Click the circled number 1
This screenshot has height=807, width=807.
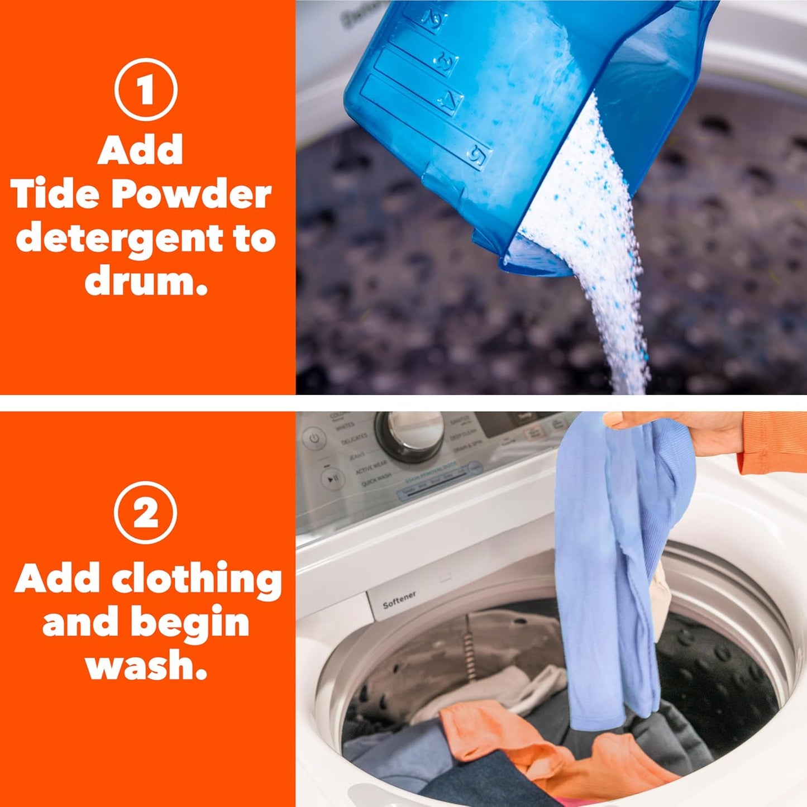coord(146,89)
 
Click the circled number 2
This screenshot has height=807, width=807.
coord(146,512)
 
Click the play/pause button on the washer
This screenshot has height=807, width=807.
coord(332,478)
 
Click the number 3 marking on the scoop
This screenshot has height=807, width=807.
coord(446,60)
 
